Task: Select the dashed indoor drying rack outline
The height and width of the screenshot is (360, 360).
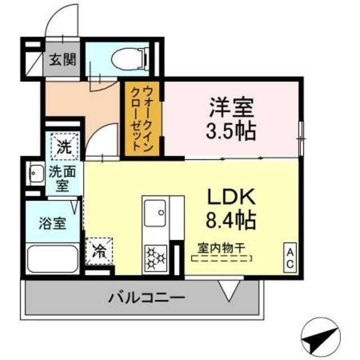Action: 222,259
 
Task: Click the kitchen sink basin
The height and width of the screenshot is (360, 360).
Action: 155,214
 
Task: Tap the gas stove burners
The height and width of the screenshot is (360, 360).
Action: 155,258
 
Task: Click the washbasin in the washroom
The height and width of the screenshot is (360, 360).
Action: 37,174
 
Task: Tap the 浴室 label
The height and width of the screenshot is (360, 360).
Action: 52,222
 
